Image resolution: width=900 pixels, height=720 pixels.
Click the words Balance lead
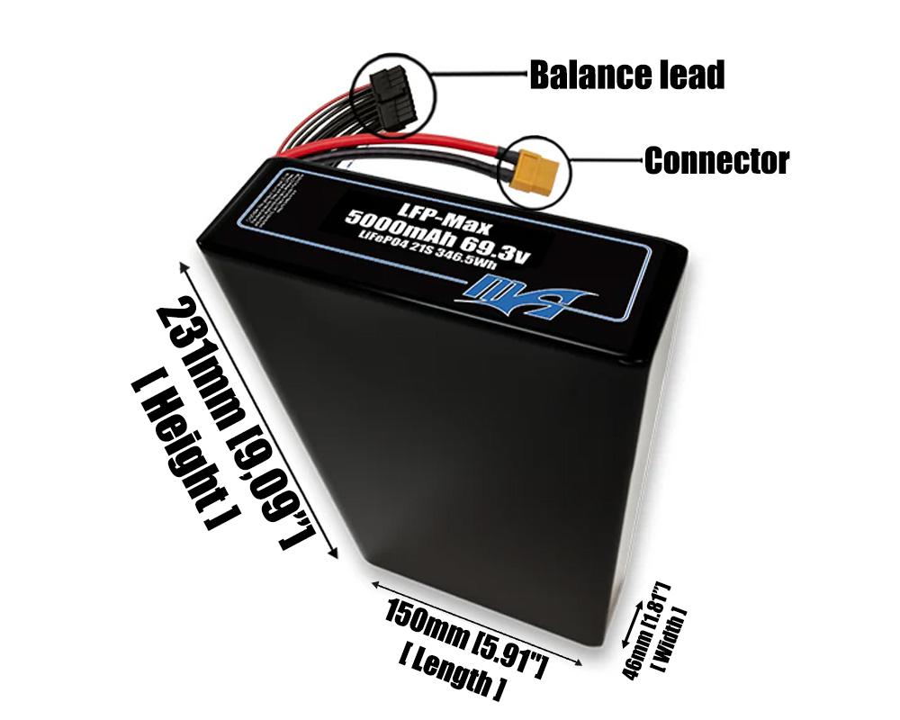coord(626,75)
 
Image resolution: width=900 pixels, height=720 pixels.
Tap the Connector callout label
coord(716,161)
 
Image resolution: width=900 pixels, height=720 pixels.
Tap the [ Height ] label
coord(184,450)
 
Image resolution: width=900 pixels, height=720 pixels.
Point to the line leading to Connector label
coord(605,162)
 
